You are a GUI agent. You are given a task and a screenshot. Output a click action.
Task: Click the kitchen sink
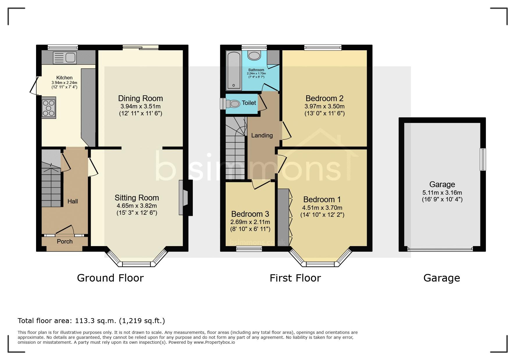tap(65, 58)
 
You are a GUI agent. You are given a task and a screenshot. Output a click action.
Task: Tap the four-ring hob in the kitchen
tap(49, 109)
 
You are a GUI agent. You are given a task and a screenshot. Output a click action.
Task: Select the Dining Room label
tap(140, 98)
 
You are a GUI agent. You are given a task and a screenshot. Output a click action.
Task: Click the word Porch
tap(65, 241)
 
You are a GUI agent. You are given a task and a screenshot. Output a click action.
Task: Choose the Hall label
tap(73, 201)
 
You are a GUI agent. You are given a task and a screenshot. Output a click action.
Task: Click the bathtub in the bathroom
tap(234, 70)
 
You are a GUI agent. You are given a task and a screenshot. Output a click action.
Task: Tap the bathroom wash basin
tap(255, 55)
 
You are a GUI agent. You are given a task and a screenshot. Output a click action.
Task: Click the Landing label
tap(262, 135)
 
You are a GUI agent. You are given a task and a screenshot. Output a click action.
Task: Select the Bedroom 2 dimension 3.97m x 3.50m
tap(325, 106)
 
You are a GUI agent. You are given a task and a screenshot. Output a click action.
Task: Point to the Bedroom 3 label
tap(250, 214)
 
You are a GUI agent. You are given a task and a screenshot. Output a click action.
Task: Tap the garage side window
tap(483, 160)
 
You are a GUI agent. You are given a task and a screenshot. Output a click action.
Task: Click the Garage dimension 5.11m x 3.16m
tap(442, 192)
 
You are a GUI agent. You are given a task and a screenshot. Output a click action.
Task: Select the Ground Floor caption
tap(110, 278)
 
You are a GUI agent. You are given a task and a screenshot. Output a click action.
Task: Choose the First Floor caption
tap(295, 278)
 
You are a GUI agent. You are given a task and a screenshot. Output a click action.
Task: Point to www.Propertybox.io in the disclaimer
tap(214, 342)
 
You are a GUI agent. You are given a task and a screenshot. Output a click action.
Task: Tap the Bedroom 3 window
tap(249, 248)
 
